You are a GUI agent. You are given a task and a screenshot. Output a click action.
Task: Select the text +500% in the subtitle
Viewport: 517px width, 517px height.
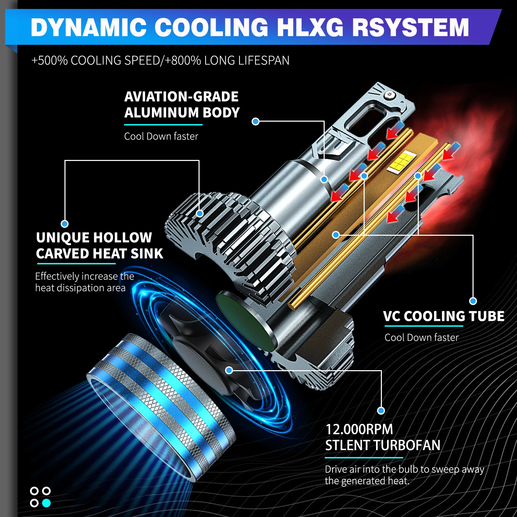tap(50, 60)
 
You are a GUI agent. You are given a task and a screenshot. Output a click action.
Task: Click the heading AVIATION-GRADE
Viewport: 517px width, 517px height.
tap(181, 97)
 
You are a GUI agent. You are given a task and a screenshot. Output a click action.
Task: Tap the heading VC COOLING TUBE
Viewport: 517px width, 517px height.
tap(444, 316)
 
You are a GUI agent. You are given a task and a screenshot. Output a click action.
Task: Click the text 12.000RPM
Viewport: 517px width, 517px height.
tap(359, 429)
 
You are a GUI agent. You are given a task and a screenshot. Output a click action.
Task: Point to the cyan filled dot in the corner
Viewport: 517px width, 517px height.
tap(46, 503)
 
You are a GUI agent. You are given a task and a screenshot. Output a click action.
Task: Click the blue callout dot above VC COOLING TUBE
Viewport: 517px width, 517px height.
tap(473, 301)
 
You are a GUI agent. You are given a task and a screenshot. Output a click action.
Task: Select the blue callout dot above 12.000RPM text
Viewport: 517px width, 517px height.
tap(381, 410)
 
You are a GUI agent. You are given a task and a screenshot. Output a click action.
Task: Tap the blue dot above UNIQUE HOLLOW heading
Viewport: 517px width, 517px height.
tap(64, 224)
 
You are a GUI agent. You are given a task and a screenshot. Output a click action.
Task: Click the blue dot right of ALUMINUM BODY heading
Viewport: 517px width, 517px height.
tap(255, 121)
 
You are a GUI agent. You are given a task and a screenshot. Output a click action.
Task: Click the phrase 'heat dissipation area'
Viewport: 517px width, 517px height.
tap(80, 288)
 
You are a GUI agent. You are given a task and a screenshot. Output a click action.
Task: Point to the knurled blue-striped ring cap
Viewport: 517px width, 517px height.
tap(162, 403)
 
